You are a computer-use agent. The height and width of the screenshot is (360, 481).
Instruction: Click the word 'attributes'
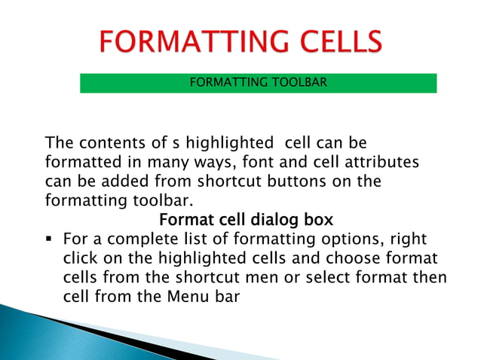379,162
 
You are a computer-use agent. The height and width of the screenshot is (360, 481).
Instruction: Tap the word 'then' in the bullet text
430,278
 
